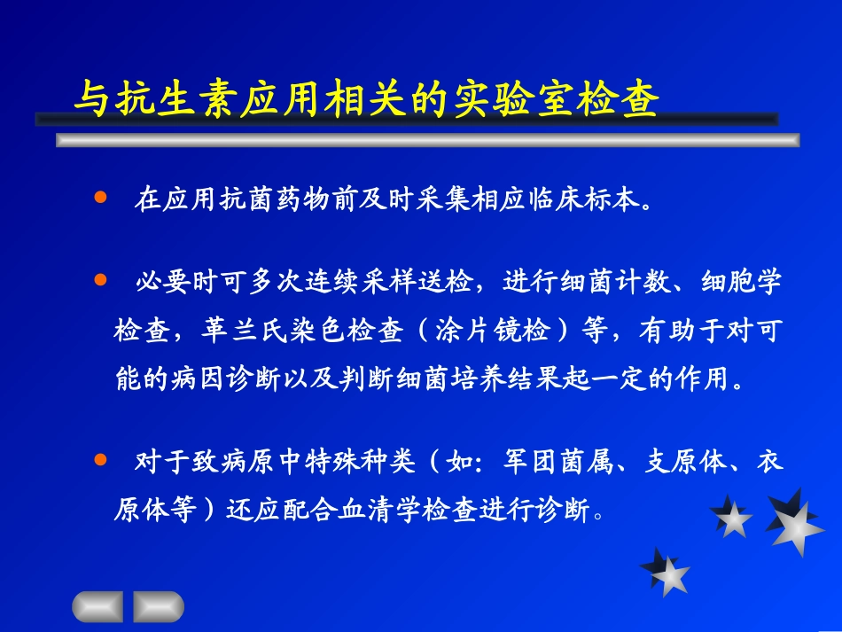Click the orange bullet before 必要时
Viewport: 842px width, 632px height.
click(x=99, y=280)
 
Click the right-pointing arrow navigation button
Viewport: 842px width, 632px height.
click(x=159, y=605)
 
